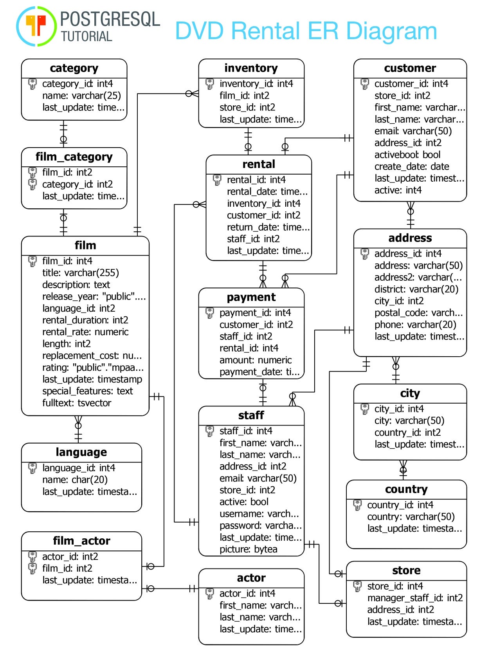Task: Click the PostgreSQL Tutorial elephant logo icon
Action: click(36, 26)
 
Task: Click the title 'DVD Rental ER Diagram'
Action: click(306, 31)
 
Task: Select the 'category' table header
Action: click(74, 68)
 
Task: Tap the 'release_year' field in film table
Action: click(94, 296)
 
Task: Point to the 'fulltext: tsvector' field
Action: click(77, 403)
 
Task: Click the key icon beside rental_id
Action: click(217, 180)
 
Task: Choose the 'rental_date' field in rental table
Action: click(267, 191)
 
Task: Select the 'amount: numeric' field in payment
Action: click(256, 360)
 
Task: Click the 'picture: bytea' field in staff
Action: click(248, 549)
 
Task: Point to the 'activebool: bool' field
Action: click(407, 155)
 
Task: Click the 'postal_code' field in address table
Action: click(418, 313)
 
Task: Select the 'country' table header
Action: click(406, 489)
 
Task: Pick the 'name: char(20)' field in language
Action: click(75, 480)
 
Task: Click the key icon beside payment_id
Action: click(209, 313)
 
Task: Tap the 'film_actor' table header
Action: click(81, 541)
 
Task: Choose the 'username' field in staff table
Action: click(259, 514)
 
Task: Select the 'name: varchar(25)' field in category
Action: click(81, 96)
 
